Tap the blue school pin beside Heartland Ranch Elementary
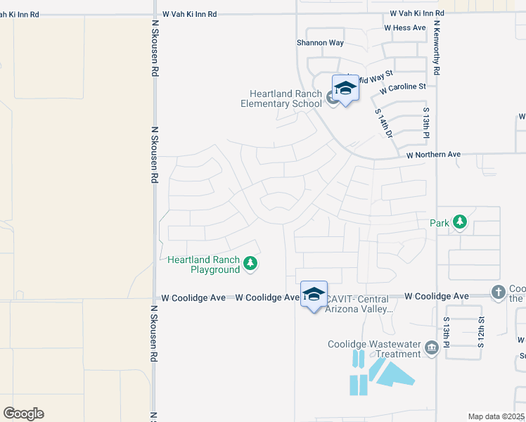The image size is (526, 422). point(345,89)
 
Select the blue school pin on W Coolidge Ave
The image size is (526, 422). point(314,295)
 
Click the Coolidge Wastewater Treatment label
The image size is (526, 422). point(374,349)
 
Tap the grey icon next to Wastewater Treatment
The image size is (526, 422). point(431,346)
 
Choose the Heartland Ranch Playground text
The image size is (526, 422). point(204,264)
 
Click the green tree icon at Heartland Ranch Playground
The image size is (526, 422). point(250,264)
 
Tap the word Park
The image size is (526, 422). point(440,223)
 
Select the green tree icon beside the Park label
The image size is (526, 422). point(459,222)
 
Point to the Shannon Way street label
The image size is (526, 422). point(320,43)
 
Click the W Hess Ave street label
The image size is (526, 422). point(405,28)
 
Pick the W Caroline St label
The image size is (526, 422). point(403,89)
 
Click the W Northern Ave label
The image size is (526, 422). point(433,155)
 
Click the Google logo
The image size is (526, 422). point(23,414)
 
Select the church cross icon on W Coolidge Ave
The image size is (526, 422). point(498,291)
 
